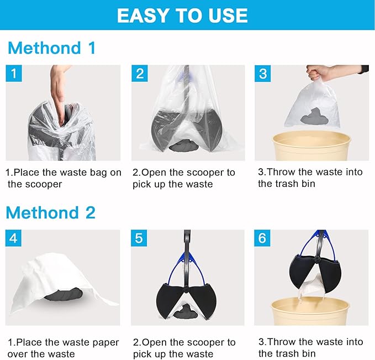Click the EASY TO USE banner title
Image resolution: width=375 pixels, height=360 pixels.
[x=182, y=15]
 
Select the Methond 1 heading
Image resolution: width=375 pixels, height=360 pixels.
[x=52, y=48]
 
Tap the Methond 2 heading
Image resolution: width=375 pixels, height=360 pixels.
[x=52, y=212]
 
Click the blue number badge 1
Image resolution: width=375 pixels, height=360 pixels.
[x=13, y=73]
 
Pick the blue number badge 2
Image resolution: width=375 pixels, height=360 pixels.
[x=139, y=73]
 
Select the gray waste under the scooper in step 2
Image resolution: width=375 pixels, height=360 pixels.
[x=186, y=147]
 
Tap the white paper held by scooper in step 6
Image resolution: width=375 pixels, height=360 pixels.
[x=312, y=286]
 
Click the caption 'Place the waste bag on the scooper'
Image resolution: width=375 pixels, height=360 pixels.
[x=63, y=178]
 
